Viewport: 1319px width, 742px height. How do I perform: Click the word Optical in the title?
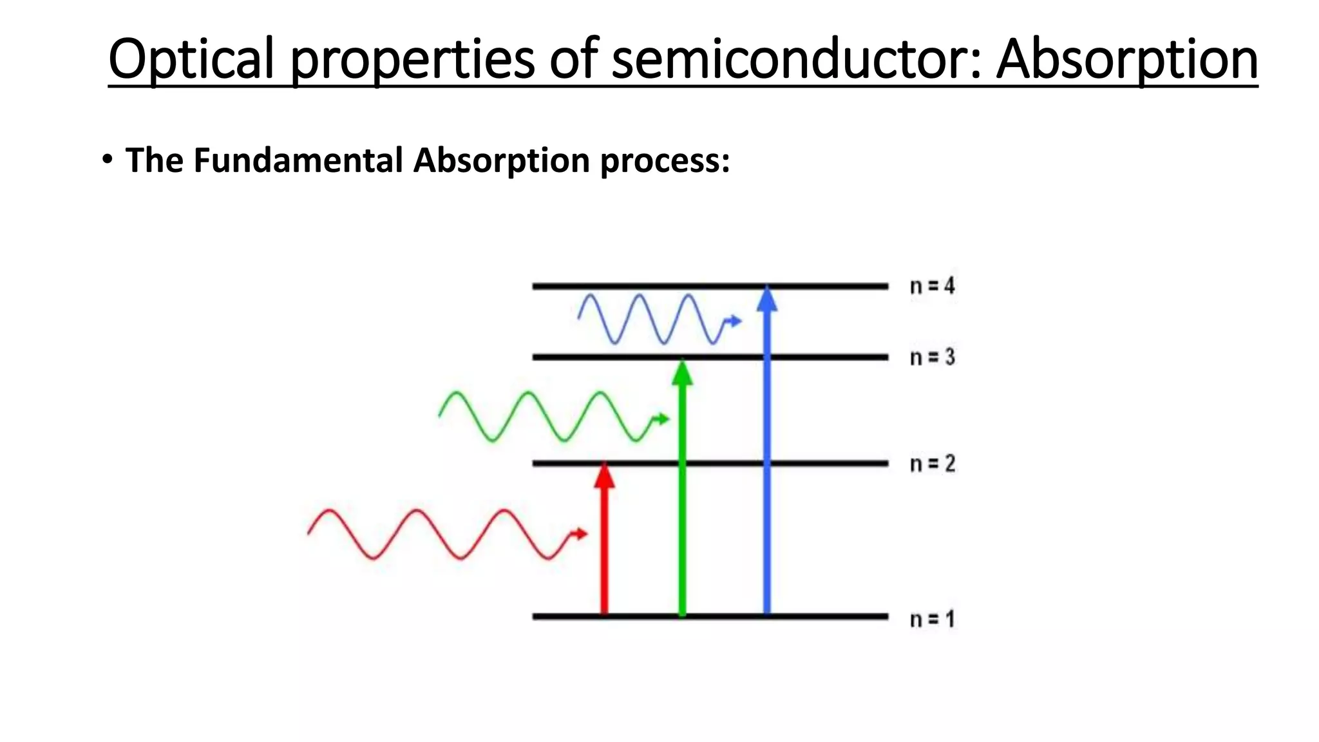[191, 59]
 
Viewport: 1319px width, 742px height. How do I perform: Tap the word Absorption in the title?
[1127, 59]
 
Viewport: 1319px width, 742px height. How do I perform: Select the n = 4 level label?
[932, 286]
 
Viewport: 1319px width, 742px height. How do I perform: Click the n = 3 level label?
[932, 357]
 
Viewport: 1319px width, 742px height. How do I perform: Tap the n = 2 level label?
[932, 464]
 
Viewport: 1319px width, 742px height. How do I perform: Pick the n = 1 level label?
[932, 619]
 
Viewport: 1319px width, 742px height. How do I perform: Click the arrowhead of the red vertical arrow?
[604, 475]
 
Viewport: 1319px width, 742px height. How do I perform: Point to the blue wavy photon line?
[650, 319]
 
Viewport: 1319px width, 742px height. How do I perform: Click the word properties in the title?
[413, 59]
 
